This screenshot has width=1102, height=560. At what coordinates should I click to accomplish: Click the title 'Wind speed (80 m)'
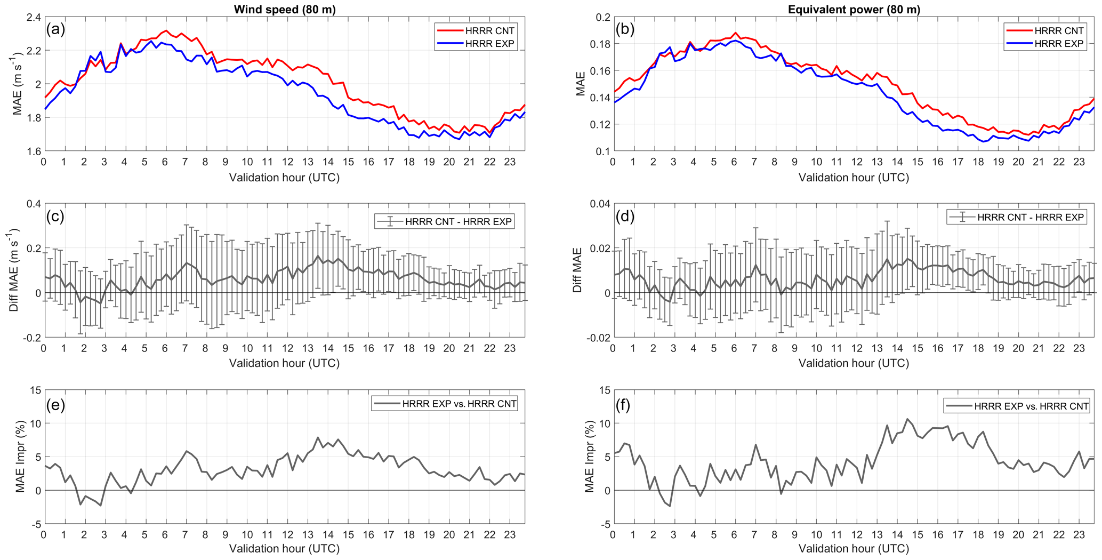click(x=285, y=9)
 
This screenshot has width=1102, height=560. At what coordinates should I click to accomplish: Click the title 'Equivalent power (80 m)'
click(x=854, y=9)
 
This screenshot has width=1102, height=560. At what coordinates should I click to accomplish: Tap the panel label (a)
click(x=55, y=29)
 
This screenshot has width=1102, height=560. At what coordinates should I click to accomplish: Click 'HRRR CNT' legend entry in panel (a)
click(x=490, y=30)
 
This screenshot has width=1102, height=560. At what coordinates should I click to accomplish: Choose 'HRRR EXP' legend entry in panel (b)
click(x=1059, y=44)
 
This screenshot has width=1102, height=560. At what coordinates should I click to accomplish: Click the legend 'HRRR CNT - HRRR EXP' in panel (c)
click(x=458, y=221)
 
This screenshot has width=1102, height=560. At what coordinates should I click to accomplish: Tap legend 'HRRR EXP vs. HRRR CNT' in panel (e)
click(x=459, y=404)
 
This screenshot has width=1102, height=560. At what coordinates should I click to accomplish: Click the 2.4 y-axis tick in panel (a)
click(x=33, y=17)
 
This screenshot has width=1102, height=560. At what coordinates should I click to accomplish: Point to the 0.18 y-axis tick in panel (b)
click(x=600, y=44)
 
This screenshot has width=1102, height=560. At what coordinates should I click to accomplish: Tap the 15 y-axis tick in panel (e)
click(x=35, y=390)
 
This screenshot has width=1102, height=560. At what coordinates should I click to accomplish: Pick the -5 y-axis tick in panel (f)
click(x=604, y=524)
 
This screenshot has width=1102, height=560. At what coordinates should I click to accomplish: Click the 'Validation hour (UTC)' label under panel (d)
click(x=854, y=363)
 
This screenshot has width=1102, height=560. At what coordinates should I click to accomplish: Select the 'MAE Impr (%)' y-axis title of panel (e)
click(x=20, y=457)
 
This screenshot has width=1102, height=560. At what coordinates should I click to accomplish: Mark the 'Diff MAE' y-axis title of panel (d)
click(x=577, y=270)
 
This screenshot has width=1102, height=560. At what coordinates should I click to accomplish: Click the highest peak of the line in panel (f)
click(x=907, y=419)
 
